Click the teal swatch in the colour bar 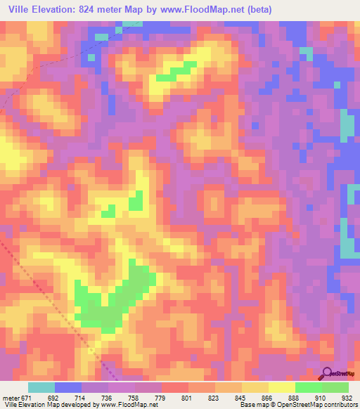pyautogui.click(x=41, y=387)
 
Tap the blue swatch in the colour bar pyautogui.click(x=68, y=387)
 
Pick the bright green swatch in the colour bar pyautogui.click(x=309, y=387)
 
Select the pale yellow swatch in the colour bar pyautogui.click(x=282, y=387)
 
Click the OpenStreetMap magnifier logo pyautogui.click(x=327, y=373)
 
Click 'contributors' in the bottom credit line pyautogui.click(x=340, y=405)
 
